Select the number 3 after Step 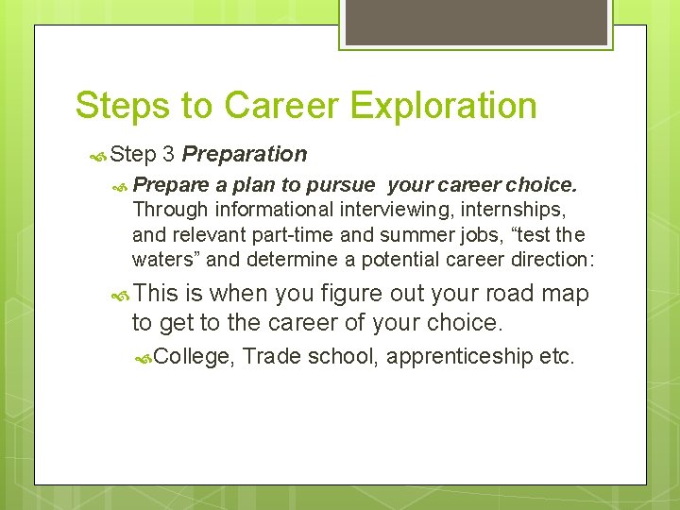click(x=168, y=154)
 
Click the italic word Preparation click(x=245, y=154)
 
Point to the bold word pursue click(x=336, y=185)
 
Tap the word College click(x=193, y=356)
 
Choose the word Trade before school click(x=274, y=356)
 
